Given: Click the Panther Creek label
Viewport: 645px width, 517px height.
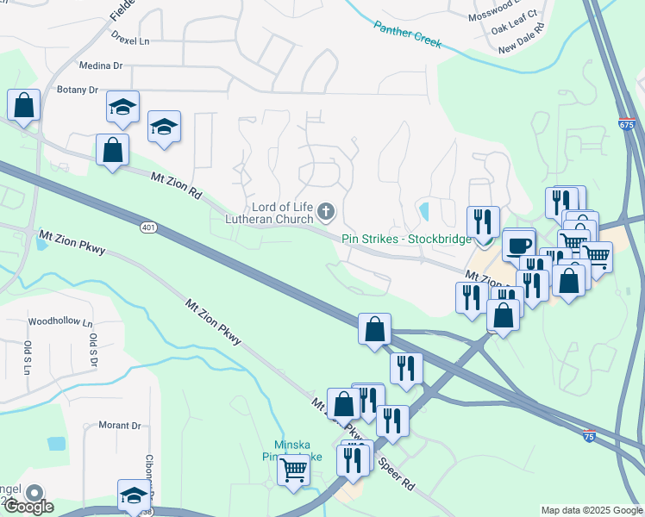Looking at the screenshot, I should coord(408,35).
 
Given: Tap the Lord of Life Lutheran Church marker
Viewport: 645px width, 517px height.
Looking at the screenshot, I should coord(326,209).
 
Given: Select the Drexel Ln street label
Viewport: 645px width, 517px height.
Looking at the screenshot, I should coord(130,40).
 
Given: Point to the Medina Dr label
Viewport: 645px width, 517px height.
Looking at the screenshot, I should coord(101,65).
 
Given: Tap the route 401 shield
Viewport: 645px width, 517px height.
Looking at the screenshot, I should coord(148,227).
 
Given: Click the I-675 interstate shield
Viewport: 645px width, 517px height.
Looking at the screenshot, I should coord(627,126).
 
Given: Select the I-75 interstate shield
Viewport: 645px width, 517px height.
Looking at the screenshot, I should coord(589,437).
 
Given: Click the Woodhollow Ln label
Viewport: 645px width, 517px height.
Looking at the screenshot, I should coord(60,321).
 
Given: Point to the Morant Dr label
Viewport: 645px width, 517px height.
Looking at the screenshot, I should coord(119,426).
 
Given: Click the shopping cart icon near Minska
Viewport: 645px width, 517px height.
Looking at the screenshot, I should coord(294,470).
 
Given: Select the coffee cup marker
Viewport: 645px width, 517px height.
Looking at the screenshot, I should coord(518,245).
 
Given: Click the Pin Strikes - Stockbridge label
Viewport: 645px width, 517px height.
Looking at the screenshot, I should coord(406,239).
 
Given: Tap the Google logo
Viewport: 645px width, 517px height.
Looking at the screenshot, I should coord(28,506).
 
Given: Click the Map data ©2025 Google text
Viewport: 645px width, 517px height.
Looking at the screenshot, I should coord(591,509).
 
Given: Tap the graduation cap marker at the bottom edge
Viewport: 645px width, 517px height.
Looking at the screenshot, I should coord(134,495).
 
